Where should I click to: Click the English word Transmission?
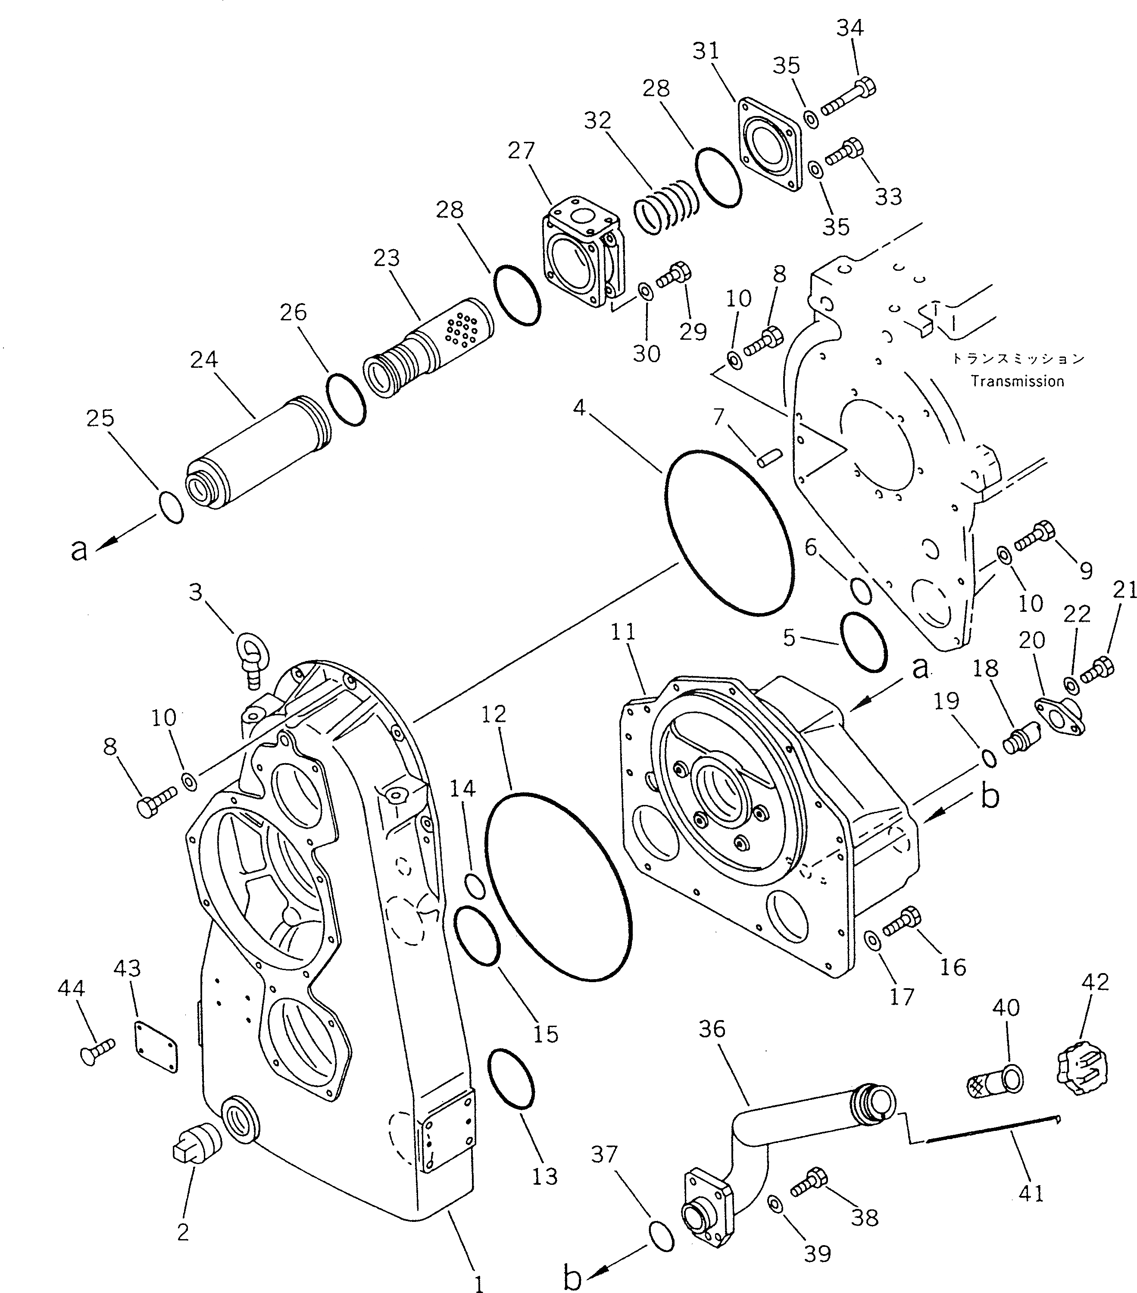pos(1018,382)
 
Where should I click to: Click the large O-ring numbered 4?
pos(729,533)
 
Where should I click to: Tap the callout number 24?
pos(203,359)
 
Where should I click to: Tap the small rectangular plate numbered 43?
pos(156,1048)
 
